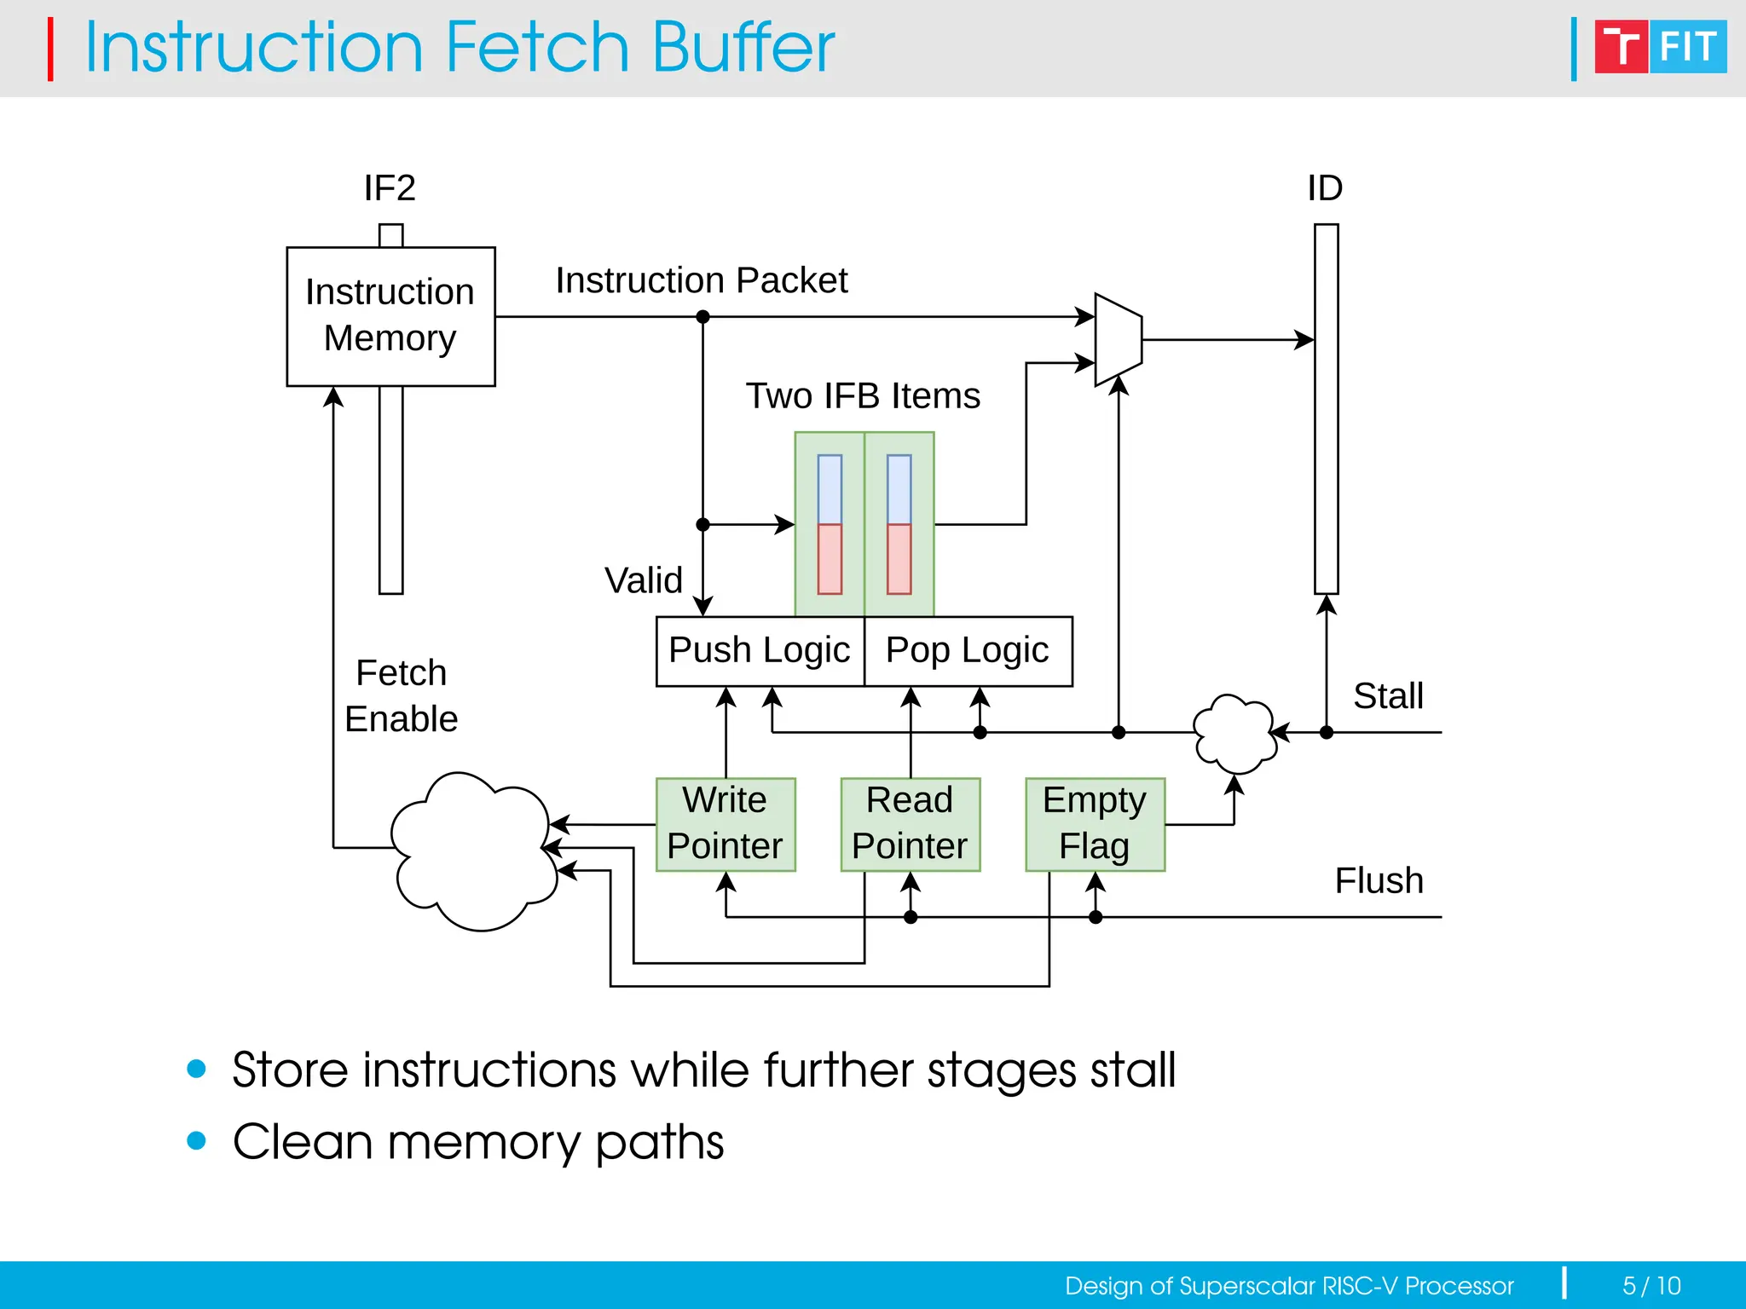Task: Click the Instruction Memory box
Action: click(390, 316)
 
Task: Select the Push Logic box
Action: click(760, 651)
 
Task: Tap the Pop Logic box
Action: click(968, 651)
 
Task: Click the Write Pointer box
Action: click(725, 824)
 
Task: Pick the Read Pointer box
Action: click(910, 824)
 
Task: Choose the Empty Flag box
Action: click(1095, 824)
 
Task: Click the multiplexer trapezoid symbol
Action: click(1118, 340)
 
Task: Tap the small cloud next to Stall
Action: click(1234, 733)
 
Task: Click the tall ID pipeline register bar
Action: click(1326, 409)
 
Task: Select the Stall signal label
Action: click(1388, 696)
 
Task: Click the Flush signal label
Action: click(1379, 881)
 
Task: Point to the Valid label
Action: click(644, 581)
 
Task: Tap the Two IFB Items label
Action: click(863, 396)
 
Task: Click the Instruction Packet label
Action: click(701, 280)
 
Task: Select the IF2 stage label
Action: click(390, 188)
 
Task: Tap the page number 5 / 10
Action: click(1651, 1285)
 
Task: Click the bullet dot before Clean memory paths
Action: click(197, 1140)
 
